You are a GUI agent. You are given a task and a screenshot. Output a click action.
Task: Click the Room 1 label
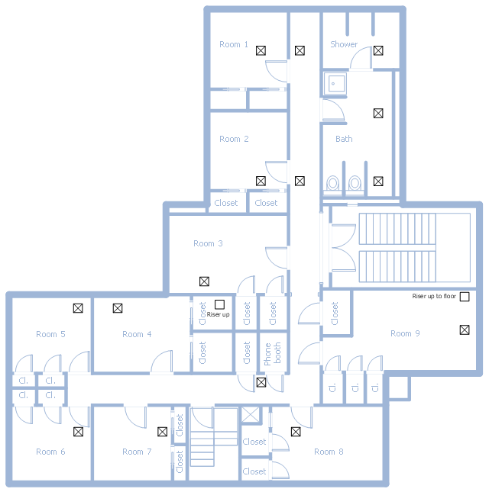(234, 44)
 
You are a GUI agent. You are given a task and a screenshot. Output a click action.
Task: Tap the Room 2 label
(234, 139)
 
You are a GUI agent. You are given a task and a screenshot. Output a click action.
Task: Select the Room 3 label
(208, 243)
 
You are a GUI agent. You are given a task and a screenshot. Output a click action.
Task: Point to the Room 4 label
(137, 334)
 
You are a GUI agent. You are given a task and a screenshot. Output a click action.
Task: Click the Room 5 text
(50, 334)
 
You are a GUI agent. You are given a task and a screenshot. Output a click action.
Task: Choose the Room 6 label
(50, 452)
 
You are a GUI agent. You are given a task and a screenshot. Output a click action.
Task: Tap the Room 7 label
(137, 452)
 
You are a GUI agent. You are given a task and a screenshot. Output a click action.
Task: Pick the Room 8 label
(329, 452)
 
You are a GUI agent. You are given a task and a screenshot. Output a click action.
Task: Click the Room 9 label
(405, 333)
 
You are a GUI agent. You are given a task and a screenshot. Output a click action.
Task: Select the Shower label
(344, 44)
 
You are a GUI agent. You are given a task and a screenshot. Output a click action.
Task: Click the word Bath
(344, 139)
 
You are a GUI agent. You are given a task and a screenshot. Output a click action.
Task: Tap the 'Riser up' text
(218, 314)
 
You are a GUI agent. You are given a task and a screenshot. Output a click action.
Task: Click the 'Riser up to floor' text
(434, 296)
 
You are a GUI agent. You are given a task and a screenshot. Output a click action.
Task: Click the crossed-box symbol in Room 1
(261, 50)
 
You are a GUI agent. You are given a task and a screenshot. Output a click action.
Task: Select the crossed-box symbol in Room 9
(464, 330)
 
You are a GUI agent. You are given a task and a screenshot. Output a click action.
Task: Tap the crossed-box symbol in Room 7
(162, 432)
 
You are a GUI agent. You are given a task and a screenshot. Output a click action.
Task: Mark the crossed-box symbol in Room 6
(78, 432)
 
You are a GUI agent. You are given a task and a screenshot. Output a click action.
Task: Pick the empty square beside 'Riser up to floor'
(464, 297)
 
